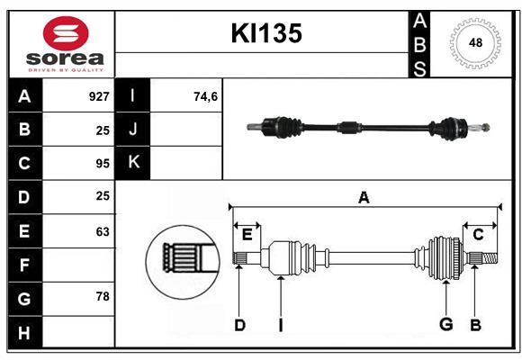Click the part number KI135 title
pyautogui.click(x=266, y=33)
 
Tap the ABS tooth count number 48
pyautogui.click(x=473, y=43)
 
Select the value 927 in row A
pyautogui.click(x=99, y=96)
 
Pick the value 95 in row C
pyautogui.click(x=103, y=164)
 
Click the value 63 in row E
pyautogui.click(x=103, y=231)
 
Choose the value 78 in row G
pyautogui.click(x=103, y=297)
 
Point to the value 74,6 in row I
pyautogui.click(x=206, y=96)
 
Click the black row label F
pyautogui.click(x=24, y=265)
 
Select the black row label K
pyautogui.click(x=133, y=163)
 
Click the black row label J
pyautogui.click(x=133, y=130)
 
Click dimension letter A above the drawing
pyautogui.click(x=364, y=198)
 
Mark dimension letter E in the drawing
pyautogui.click(x=247, y=235)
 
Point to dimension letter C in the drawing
pyautogui.click(x=478, y=235)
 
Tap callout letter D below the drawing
pyautogui.click(x=239, y=325)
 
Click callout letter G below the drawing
pyautogui.click(x=445, y=325)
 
